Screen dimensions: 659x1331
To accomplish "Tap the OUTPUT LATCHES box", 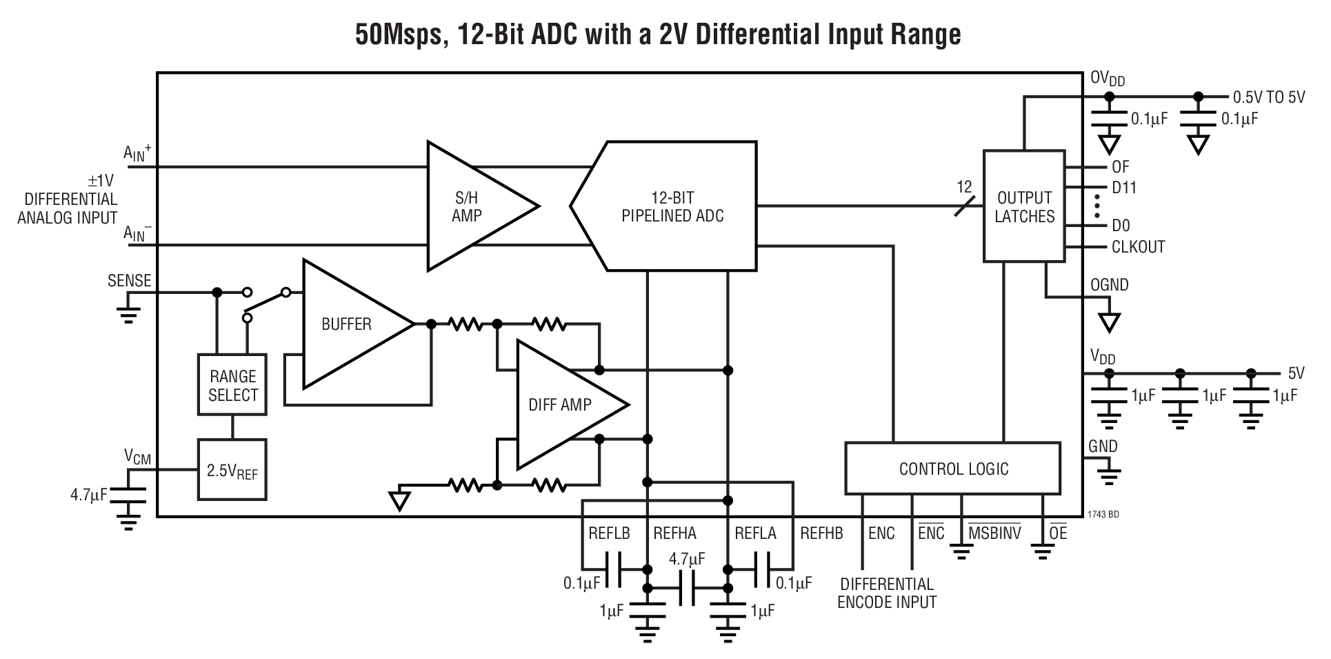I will (1024, 207).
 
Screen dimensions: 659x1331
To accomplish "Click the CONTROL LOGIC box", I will (953, 469).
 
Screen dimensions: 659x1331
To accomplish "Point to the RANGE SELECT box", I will (232, 386).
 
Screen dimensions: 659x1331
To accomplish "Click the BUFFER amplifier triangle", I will (348, 324).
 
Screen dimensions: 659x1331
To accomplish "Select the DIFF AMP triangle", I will (562, 405).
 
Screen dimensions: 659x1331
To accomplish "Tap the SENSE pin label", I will (129, 281).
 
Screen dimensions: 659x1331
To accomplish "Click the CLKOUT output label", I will (1138, 247).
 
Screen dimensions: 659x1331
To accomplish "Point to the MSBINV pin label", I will (994, 533).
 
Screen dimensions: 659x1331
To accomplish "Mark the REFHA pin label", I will (674, 533).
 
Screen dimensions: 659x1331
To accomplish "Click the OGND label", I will (1109, 285).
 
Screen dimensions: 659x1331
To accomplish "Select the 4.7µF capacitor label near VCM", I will (89, 495).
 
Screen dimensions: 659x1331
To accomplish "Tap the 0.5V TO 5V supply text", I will (1269, 97).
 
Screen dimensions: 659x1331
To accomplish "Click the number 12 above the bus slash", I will (964, 186).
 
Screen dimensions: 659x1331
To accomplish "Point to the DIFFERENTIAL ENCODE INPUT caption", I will (887, 593).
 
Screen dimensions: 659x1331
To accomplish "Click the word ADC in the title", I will (555, 33).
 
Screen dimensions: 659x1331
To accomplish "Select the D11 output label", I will (1124, 188).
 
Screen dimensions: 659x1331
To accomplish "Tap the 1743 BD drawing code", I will (1103, 515).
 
